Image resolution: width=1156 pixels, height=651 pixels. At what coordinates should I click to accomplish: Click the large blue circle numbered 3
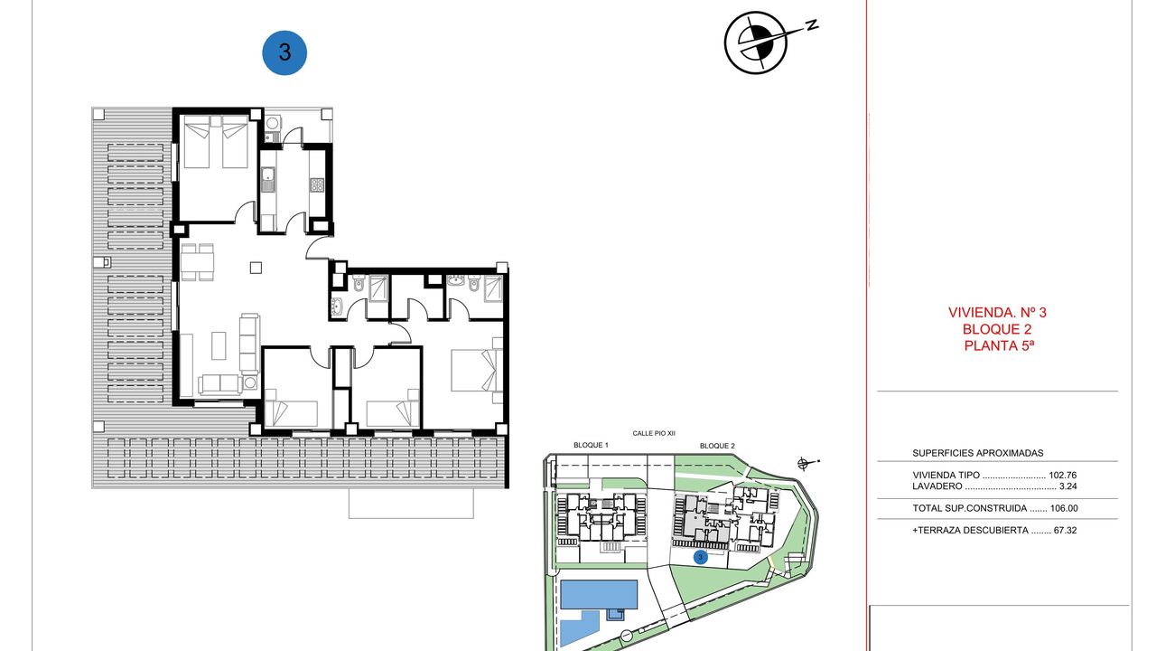(x=284, y=52)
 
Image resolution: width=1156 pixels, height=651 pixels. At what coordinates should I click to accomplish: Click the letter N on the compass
(x=812, y=24)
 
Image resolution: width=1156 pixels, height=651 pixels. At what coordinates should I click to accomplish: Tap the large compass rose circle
(x=756, y=42)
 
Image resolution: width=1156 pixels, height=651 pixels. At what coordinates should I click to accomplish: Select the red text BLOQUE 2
(x=997, y=329)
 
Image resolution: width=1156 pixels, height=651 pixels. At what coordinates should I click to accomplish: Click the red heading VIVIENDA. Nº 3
(x=997, y=312)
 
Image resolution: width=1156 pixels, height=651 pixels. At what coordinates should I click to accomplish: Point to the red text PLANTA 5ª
(x=999, y=345)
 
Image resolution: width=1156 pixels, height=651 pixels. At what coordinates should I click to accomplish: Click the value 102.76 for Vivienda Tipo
(x=1063, y=476)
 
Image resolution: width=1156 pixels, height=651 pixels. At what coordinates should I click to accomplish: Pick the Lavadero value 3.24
(x=1067, y=486)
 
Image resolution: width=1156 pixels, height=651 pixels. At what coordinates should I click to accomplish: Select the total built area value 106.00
(x=1064, y=508)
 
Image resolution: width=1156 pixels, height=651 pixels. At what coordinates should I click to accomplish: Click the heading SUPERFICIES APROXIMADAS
(x=978, y=453)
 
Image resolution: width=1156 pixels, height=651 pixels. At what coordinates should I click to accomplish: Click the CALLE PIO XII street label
(x=654, y=433)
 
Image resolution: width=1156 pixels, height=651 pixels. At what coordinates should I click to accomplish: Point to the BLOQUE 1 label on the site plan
(x=591, y=446)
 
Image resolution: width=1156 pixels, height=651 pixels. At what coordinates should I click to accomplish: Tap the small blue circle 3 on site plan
(x=700, y=558)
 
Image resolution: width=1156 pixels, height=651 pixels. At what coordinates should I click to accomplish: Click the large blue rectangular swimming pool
(x=599, y=594)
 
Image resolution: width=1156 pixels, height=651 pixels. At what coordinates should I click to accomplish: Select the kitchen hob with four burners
(x=316, y=184)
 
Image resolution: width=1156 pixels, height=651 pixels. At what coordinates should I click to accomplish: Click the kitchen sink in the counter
(x=267, y=180)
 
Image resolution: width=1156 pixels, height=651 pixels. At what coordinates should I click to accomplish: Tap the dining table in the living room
(x=197, y=262)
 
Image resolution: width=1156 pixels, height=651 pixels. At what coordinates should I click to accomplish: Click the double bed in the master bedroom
(x=476, y=371)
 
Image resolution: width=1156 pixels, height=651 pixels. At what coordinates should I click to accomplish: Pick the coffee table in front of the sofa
(x=219, y=345)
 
